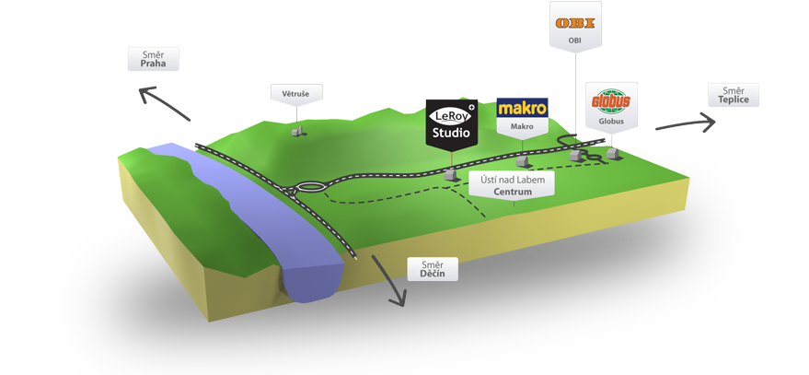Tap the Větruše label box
[295, 94]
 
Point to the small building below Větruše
[296, 132]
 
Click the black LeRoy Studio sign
[452, 123]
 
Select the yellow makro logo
[522, 108]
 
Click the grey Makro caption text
[522, 126]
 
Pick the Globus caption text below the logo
[608, 121]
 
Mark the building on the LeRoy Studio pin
[451, 173]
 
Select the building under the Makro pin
[522, 162]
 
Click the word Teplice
[734, 100]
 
